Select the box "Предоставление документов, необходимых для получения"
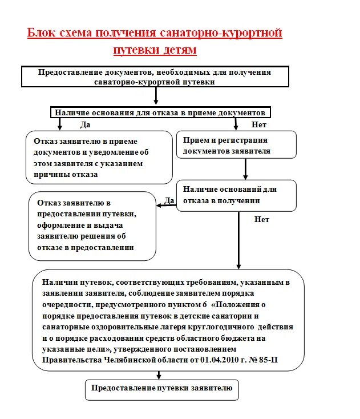coord(155,76)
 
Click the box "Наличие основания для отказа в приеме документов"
coord(160,112)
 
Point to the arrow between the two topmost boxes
coord(155,96)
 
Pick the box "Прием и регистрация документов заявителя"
coord(236,144)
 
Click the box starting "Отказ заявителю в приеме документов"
coord(99,157)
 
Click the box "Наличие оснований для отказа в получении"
coord(236,196)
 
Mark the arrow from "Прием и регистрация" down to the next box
coord(246,169)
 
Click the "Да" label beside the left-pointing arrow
coord(169,200)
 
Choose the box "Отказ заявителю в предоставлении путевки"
coord(92,225)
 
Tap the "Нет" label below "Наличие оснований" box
coord(262,219)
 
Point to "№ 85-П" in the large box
coord(268,360)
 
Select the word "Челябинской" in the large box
coord(122,360)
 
